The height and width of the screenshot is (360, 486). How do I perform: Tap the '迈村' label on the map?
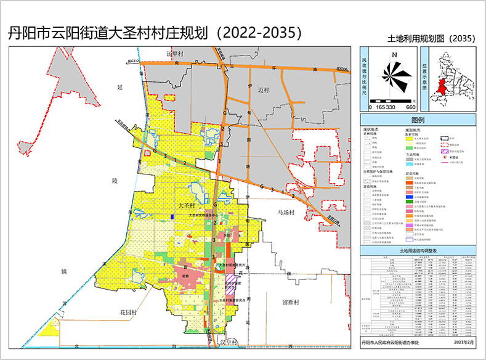point(264,89)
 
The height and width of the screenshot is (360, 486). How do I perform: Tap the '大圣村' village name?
point(185,205)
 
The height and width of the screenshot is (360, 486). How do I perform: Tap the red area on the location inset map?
point(440,86)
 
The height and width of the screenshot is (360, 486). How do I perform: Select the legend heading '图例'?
point(418,120)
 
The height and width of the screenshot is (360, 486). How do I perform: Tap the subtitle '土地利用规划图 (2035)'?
point(432,39)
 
